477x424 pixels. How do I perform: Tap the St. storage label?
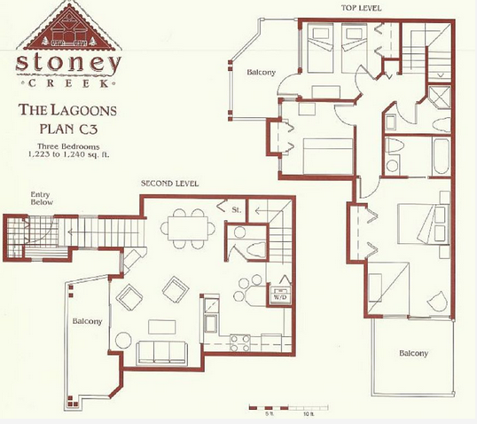[x=237, y=209]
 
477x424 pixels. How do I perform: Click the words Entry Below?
[x=42, y=199]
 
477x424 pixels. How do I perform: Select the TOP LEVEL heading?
[x=361, y=8]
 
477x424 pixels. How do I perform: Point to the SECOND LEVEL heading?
[x=169, y=184]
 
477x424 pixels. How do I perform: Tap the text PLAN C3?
[x=68, y=129]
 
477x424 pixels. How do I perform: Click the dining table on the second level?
[x=188, y=228]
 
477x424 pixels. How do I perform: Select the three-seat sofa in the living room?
[x=161, y=353]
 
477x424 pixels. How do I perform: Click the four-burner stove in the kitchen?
[x=240, y=343]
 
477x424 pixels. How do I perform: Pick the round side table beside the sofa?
[x=123, y=340]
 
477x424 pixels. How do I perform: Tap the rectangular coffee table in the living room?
[x=162, y=327]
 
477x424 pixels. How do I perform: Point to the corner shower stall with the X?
[x=439, y=97]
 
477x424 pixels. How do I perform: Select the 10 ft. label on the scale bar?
[x=308, y=414]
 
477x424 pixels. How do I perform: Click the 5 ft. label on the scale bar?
[x=269, y=414]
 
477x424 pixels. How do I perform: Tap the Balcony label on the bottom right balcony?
[x=413, y=353]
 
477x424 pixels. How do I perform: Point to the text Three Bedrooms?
[x=68, y=146]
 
